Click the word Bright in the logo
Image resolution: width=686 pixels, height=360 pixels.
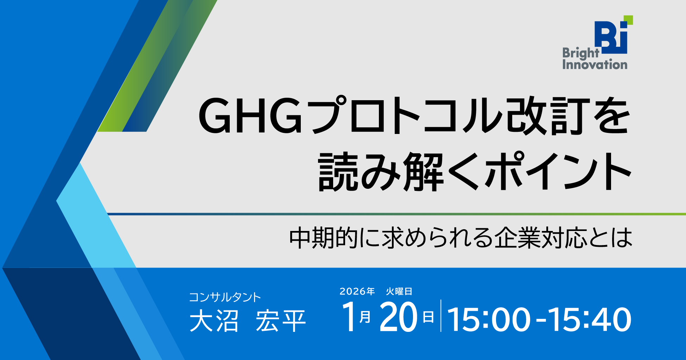[580, 53]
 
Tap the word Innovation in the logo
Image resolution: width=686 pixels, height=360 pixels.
[595, 64]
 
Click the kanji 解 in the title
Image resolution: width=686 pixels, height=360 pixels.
[424, 172]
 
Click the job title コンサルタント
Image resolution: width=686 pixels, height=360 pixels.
[225, 297]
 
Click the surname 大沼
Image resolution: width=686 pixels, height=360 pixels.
[214, 321]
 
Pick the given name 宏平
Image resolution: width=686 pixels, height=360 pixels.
[281, 321]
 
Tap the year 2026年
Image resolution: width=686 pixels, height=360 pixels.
[357, 291]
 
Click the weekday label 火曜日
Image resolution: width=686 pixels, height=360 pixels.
[399, 291]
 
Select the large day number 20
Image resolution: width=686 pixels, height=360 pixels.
[398, 317]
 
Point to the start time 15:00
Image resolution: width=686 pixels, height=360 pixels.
[489, 319]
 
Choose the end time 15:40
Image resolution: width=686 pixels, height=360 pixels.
[590, 319]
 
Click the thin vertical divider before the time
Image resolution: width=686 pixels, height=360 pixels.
[441, 316]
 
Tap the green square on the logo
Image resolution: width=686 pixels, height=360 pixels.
[628, 20]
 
